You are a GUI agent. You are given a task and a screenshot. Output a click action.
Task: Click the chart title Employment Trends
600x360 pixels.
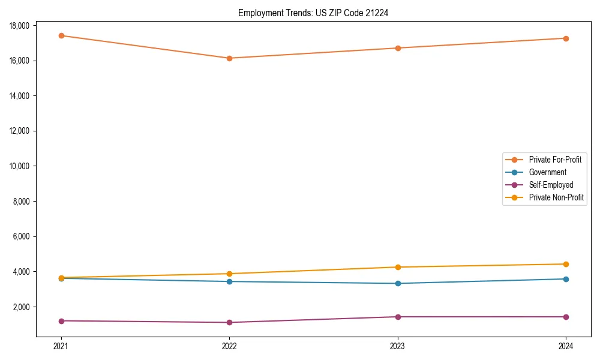tap(313, 13)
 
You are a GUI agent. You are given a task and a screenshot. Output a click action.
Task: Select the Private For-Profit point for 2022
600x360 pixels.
tap(229, 58)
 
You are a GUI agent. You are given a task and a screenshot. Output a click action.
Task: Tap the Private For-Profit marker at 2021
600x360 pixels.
tap(61, 35)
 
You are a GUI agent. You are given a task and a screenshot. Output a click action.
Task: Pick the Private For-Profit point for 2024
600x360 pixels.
tap(566, 38)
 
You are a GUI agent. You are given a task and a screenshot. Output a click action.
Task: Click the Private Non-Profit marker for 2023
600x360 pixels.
tap(398, 267)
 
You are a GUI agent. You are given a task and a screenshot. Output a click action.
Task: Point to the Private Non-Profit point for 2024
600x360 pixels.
tap(566, 264)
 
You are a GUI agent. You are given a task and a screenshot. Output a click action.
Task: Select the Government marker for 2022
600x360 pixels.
tap(229, 281)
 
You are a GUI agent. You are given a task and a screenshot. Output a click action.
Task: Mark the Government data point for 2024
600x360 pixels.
tap(566, 279)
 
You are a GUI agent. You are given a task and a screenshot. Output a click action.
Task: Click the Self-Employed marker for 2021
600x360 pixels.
tap(61, 321)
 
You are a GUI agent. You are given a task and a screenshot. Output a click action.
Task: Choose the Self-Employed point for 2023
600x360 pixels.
tap(398, 317)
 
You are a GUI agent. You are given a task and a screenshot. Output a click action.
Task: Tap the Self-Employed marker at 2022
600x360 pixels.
tap(229, 323)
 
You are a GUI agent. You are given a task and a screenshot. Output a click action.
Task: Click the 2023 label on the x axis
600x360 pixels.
tap(398, 346)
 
